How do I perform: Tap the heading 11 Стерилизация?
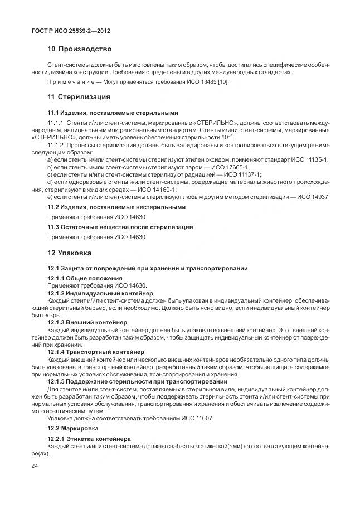click(x=79, y=98)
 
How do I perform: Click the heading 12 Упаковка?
click(x=69, y=253)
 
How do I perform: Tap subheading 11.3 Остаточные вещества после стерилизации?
click(x=120, y=227)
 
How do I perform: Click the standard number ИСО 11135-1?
click(x=309, y=159)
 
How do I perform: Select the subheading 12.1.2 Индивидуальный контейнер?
click(x=100, y=293)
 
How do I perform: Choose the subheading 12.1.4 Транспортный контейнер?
click(x=96, y=352)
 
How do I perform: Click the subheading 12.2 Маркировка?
click(x=72, y=428)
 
